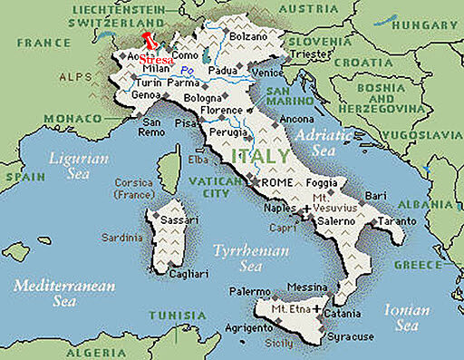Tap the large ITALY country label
pyautogui.click(x=261, y=156)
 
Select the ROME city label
pyautogui.click(x=276, y=183)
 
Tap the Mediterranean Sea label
pyautogui.click(x=64, y=291)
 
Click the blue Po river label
pyautogui.click(x=188, y=71)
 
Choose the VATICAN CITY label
pyautogui.click(x=210, y=187)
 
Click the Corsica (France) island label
pyautogui.click(x=134, y=188)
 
